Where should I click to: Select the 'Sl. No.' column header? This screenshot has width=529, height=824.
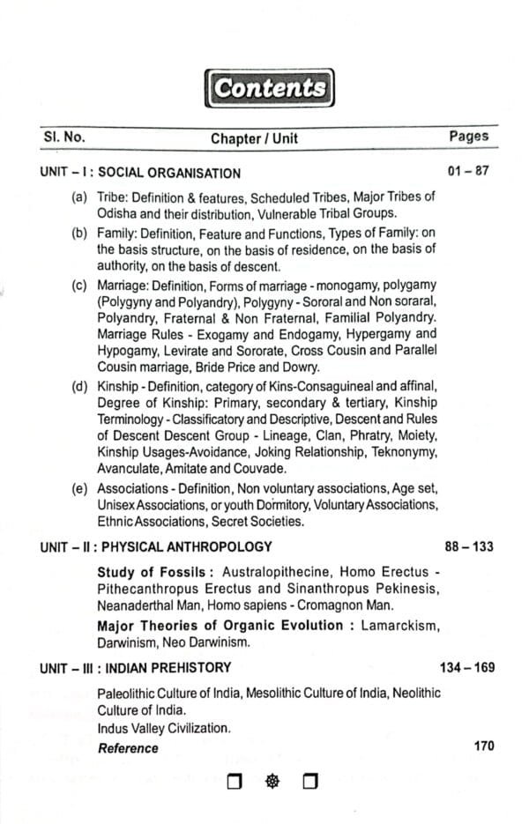coord(63,137)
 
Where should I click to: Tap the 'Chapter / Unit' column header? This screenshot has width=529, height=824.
coord(266,138)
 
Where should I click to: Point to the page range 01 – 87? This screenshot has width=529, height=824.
coord(468,171)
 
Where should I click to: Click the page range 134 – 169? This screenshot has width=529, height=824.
coord(466,667)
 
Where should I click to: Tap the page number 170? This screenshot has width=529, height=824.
coord(483,746)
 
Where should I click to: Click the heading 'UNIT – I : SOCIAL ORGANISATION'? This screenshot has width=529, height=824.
coord(140,173)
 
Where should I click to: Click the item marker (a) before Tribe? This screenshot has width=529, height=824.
coord(79,198)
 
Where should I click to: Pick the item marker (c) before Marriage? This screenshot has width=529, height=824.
coord(79,286)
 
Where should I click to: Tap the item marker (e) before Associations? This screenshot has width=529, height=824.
coord(79,487)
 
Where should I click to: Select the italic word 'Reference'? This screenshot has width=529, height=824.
coord(128,747)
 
